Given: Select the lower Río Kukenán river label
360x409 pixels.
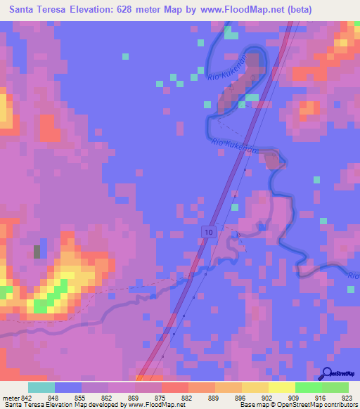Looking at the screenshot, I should pos(232,145).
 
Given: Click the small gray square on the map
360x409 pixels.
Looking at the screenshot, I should pos(37,251).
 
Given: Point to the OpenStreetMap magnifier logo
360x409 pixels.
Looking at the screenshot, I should pos(328,374).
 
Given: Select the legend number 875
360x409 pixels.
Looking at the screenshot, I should pos(161,398).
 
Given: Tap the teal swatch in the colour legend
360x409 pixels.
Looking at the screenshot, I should pos(41,387).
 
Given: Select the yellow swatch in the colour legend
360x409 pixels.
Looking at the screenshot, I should pos(282,387).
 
